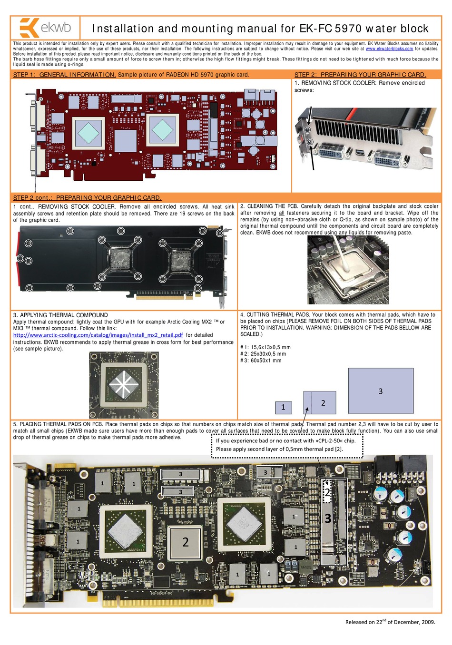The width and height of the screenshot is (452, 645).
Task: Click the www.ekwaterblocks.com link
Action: pyautogui.click(x=389, y=49)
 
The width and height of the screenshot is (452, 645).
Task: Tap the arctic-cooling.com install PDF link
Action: pyautogui.click(x=98, y=335)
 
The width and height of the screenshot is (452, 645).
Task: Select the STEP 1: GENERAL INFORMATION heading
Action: pyautogui.click(x=64, y=75)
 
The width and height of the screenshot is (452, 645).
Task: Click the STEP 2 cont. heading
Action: pyautogui.click(x=87, y=197)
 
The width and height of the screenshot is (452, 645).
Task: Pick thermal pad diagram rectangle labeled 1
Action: pyautogui.click(x=283, y=407)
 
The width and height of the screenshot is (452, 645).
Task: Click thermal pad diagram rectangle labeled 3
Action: pyautogui.click(x=380, y=391)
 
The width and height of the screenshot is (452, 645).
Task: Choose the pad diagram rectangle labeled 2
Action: pyautogui.click(x=320, y=402)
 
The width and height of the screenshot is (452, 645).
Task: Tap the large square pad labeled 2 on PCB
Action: pyautogui.click(x=185, y=542)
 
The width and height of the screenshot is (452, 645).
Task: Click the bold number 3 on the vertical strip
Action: pyautogui.click(x=328, y=518)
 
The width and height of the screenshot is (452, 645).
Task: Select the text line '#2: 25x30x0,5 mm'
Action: pyautogui.click(x=263, y=354)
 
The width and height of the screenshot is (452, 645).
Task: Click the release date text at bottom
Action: pyautogui.click(x=390, y=622)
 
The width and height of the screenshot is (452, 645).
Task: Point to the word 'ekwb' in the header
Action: pyautogui.click(x=56, y=28)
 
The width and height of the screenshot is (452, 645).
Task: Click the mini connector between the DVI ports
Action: pyautogui.click(x=360, y=153)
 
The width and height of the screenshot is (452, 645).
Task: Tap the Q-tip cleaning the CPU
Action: pyautogui.click(x=342, y=250)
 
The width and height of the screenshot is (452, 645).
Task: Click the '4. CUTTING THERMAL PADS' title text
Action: pyautogui.click(x=274, y=314)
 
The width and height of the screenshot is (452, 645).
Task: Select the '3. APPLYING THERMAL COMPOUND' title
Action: pyautogui.click(x=60, y=315)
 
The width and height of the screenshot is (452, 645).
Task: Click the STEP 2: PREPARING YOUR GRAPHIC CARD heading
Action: pyautogui.click(x=360, y=75)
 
